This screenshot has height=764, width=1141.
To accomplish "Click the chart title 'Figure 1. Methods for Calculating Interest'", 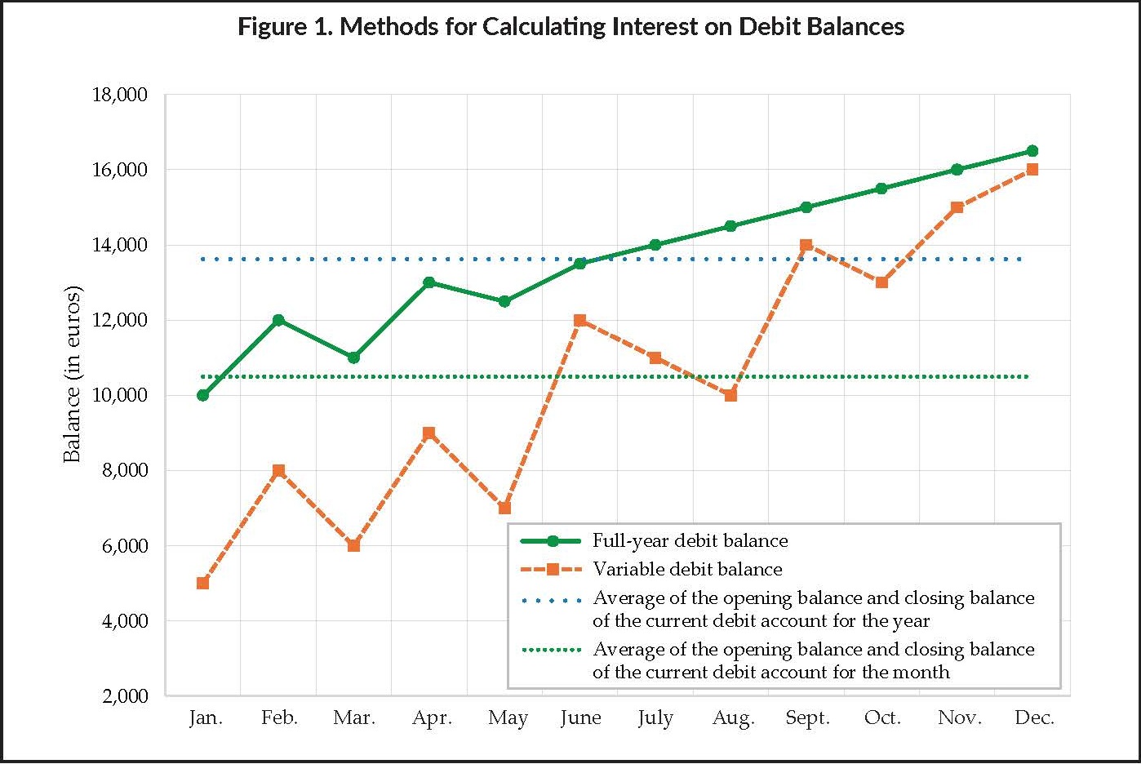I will pos(570,27).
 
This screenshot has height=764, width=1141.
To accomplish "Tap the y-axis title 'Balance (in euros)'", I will pos(73,375).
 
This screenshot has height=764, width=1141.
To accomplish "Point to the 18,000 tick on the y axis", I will pos(119,95).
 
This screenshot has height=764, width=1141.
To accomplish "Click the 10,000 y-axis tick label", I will pos(119,396).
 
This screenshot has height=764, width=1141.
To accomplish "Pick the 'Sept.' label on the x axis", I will pos(807,718).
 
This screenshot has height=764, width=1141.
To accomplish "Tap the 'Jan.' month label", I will pos(206,718).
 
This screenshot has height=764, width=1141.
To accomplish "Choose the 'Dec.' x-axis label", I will pos(1034,718).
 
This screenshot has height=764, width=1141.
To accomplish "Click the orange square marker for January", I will pos(203,583).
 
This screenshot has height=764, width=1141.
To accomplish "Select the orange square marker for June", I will pos(580,320).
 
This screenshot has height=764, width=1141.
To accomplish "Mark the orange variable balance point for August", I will pos(730,395).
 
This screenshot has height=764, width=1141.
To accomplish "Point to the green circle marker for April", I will pos(429,282).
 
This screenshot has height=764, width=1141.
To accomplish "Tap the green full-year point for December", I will pos(1032,151).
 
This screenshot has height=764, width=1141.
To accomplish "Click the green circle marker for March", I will pos(353,358).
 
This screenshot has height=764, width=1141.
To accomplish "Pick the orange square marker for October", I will pos(881,282).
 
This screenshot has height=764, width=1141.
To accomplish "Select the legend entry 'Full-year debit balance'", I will pos(690,541).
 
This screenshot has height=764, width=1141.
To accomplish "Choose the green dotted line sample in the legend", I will pos(552,651).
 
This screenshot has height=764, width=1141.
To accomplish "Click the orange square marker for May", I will pos(504,508).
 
